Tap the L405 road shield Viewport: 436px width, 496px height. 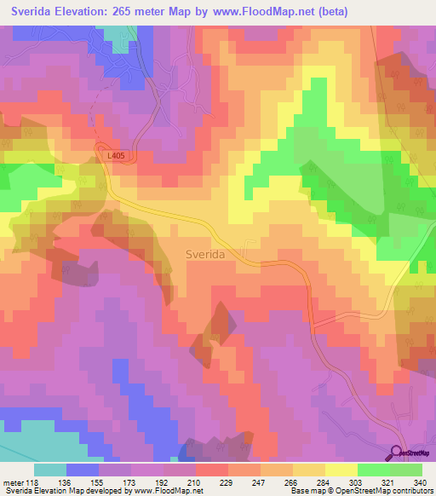tap(117, 156)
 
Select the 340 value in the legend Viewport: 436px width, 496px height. tap(418, 482)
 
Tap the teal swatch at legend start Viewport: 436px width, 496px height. tap(50, 470)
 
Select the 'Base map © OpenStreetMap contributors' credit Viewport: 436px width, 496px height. tap(360, 492)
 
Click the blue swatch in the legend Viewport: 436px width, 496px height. tap(83, 470)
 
